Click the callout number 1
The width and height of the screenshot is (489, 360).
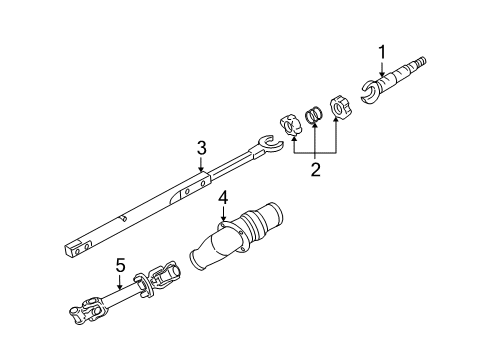(x=380, y=51)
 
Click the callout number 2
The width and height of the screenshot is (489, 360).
(x=315, y=170)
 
